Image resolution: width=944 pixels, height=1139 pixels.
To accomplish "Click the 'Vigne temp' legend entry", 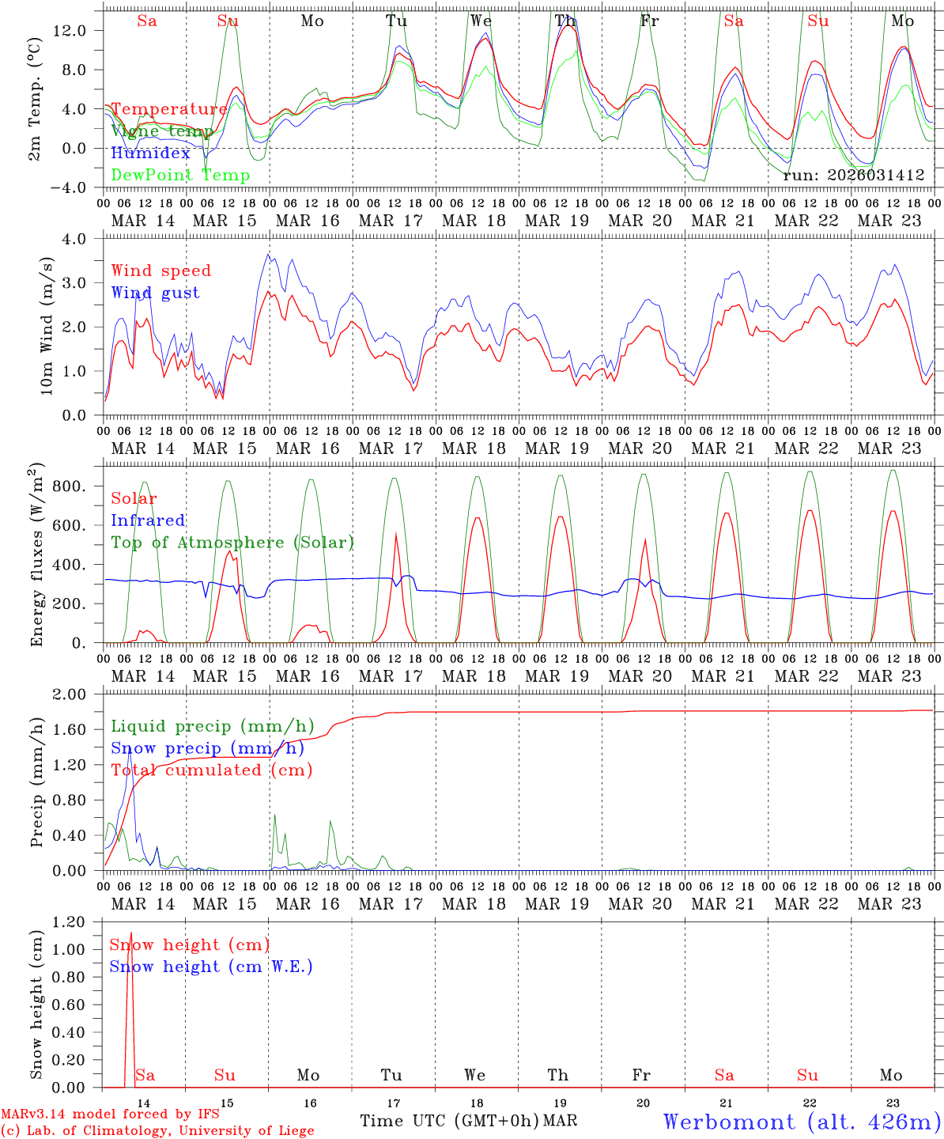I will pyautogui.click(x=162, y=131).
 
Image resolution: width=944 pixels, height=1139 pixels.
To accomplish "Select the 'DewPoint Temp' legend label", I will pyautogui.click(x=180, y=176).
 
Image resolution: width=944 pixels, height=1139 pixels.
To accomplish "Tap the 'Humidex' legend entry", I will pyautogui.click(x=150, y=153).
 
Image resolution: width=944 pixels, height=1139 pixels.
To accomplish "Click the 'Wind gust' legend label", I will pyautogui.click(x=155, y=293).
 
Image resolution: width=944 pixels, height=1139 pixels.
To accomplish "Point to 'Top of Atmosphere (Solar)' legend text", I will pyautogui.click(x=232, y=543).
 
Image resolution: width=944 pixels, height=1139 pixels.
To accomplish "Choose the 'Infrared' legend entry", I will pyautogui.click(x=148, y=520).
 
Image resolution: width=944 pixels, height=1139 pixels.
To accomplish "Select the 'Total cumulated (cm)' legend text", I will pyautogui.click(x=211, y=770).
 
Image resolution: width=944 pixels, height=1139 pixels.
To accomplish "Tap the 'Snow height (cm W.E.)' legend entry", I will pyautogui.click(x=211, y=967).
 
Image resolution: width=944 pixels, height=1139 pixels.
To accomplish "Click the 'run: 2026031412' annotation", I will pyautogui.click(x=853, y=176).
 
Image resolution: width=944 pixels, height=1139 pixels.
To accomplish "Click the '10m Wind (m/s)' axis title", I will pyautogui.click(x=45, y=326).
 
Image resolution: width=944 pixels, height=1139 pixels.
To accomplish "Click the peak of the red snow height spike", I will pyautogui.click(x=131, y=933).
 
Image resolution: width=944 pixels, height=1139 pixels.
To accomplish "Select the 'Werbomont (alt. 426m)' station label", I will pyautogui.click(x=802, y=1122).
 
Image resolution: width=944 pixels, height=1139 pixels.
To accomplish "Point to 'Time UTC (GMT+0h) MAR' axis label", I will pyautogui.click(x=468, y=1121).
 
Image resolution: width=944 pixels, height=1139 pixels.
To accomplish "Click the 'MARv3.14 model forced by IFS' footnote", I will pyautogui.click(x=110, y=1114).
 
